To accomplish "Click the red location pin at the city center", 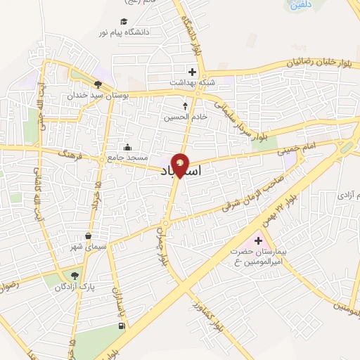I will (180, 165).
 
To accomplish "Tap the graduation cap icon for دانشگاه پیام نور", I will (124, 21).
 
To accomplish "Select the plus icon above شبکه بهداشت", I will (191, 71).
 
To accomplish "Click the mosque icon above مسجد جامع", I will (127, 147).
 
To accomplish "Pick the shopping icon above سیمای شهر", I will (88, 236).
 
